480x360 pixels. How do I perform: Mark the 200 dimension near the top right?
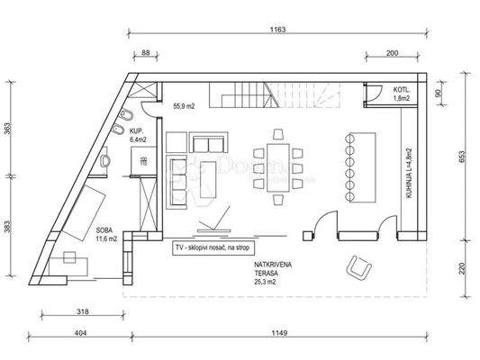[393, 53]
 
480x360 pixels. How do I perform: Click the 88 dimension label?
[146, 53]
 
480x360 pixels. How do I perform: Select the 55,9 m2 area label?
[185, 104]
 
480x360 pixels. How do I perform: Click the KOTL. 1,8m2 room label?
[401, 94]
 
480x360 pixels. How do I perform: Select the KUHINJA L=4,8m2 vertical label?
[408, 174]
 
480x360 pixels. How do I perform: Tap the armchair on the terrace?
[360, 266]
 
